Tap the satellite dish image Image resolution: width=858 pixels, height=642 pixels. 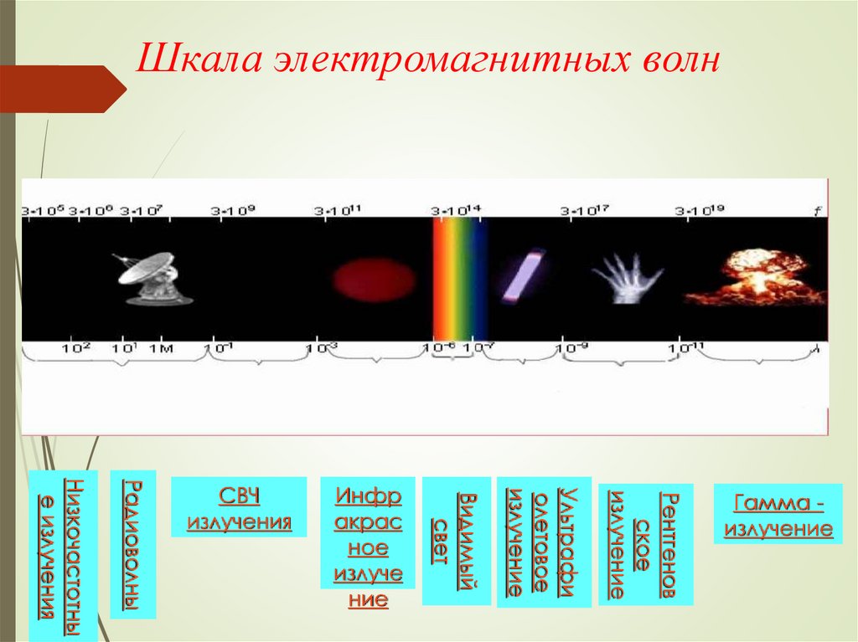[x=152, y=279]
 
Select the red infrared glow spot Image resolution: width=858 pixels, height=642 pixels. [x=374, y=280]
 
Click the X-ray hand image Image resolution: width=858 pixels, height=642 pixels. [x=626, y=278]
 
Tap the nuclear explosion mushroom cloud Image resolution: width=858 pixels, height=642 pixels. [x=754, y=277]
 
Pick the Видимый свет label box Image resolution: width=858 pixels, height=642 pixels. [x=456, y=541]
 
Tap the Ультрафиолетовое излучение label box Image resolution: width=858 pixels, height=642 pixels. [x=544, y=542]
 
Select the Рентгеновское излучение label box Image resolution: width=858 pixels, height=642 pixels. [x=646, y=544]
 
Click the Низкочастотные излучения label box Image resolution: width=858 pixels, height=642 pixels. [x=63, y=555]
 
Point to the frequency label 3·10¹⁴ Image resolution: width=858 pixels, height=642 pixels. [x=456, y=211]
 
